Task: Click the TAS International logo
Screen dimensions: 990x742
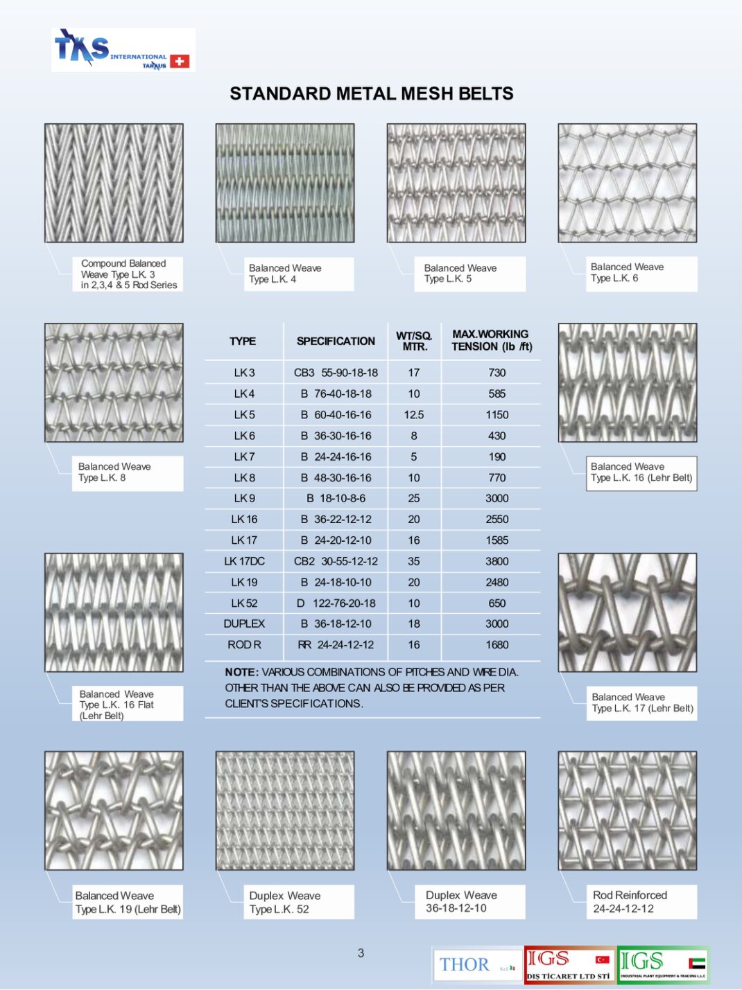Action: point(123,50)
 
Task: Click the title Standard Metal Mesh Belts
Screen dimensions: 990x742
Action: point(371,94)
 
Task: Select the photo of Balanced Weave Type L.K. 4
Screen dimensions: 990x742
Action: point(284,183)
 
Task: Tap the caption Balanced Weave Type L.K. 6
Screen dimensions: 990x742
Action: point(627,273)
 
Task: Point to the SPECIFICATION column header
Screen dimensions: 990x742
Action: point(336,341)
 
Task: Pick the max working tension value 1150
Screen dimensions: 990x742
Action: point(497,415)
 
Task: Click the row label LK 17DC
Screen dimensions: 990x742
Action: point(244,561)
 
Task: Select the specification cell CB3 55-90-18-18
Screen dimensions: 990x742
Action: point(336,373)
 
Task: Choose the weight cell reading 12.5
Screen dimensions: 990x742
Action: point(414,415)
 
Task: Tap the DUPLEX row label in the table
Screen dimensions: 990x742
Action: point(244,624)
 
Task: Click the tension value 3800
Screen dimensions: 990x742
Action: point(497,561)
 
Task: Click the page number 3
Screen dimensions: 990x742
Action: point(361,953)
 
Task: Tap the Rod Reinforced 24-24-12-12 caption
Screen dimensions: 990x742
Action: point(630,901)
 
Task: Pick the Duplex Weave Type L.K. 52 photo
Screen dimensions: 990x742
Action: point(284,811)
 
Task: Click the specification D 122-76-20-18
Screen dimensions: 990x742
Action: point(336,603)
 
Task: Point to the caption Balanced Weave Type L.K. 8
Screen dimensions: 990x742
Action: point(114,472)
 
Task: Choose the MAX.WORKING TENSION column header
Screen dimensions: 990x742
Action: point(491,340)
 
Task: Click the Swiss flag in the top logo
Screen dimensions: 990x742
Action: point(180,61)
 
